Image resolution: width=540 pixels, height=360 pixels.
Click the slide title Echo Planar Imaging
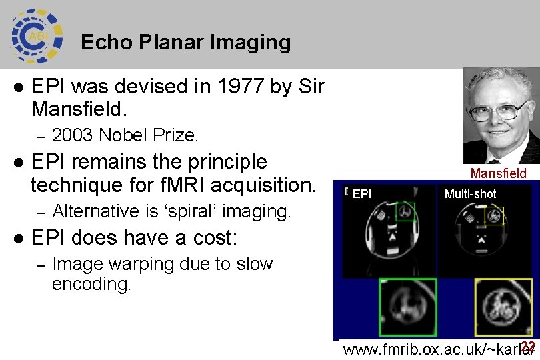coord(185,43)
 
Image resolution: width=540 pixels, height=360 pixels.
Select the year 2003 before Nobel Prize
coord(73,136)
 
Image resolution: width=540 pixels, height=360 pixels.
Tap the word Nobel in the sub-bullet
coord(126,136)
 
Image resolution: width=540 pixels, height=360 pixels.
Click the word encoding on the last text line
coord(91,285)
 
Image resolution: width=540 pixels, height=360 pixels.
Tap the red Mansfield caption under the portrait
coord(498,174)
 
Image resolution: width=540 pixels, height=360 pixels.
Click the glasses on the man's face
coord(500,110)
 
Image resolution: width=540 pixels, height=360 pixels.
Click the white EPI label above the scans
coord(361,194)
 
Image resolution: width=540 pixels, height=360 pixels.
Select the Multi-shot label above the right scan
coord(470,194)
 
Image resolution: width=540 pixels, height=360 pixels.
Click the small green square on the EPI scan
coord(405,212)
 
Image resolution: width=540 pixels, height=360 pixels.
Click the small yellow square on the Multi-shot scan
coord(494,215)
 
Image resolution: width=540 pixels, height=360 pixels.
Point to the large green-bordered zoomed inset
coord(407,307)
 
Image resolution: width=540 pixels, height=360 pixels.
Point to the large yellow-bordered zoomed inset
coord(504,307)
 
